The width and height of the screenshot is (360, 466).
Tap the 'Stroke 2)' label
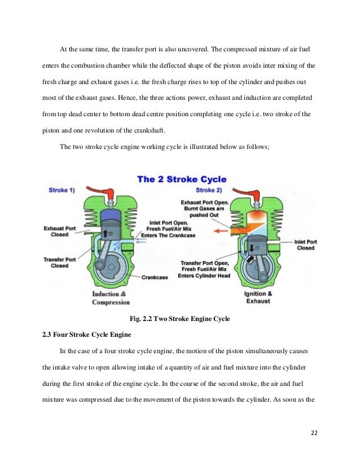click(x=209, y=190)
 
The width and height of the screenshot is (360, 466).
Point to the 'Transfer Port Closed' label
click(x=59, y=262)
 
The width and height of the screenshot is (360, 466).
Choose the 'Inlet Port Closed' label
click(x=305, y=245)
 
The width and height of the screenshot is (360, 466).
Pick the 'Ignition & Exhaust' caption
click(x=258, y=298)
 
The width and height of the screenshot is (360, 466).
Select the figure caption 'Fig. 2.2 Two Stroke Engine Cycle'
click(x=179, y=319)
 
